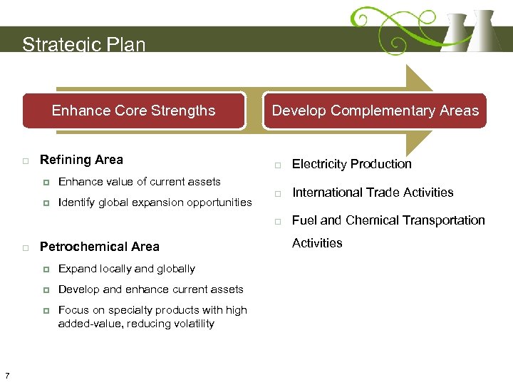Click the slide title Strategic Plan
(x=83, y=45)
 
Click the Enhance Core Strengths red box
(x=133, y=111)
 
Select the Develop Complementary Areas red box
(x=375, y=111)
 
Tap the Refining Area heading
(x=81, y=160)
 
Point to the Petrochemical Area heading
(x=99, y=247)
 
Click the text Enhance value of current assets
(x=139, y=182)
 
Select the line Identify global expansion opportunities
(x=155, y=202)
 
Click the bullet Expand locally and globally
(x=126, y=269)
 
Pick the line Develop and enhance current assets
(x=150, y=289)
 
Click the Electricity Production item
(x=351, y=164)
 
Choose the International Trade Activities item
(x=372, y=192)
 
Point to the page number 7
(x=6, y=376)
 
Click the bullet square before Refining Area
(x=25, y=160)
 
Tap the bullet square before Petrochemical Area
(x=25, y=247)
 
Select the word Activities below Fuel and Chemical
(x=317, y=243)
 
